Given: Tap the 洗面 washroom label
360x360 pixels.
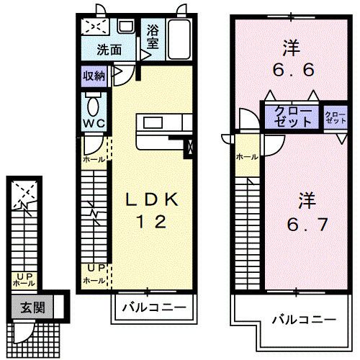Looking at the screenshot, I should pyautogui.click(x=109, y=51).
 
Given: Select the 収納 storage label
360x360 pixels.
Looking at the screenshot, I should pyautogui.click(x=94, y=75).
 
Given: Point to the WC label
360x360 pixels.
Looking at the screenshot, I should pyautogui.click(x=94, y=123).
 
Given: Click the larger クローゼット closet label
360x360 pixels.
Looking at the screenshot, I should pyautogui.click(x=292, y=117).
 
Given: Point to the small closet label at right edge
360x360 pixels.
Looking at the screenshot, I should pyautogui.click(x=335, y=118).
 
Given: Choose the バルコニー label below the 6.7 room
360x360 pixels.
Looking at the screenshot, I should pyautogui.click(x=304, y=318).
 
